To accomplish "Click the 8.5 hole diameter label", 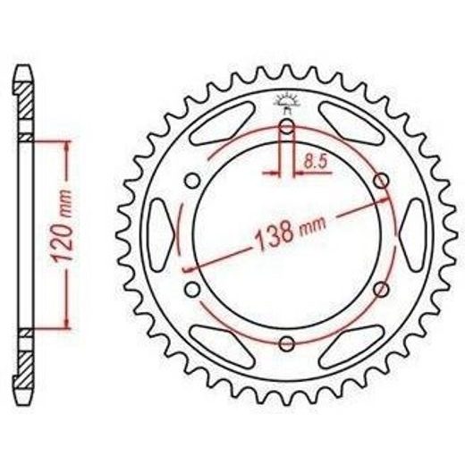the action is point(316,162).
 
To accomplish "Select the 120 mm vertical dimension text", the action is point(63,226).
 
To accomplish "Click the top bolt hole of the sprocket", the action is point(287,126).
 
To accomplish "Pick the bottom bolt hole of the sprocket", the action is point(287,343).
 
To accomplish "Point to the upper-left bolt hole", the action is point(192,181).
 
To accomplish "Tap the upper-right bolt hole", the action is point(381,181).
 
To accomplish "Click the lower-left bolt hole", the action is point(192,289).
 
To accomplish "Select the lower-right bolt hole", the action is point(381,289).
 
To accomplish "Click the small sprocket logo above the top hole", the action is point(287,103).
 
